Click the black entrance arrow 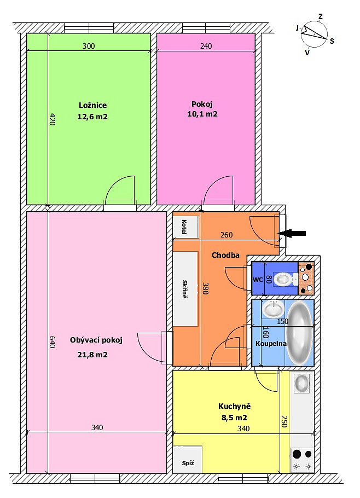pos(292,234)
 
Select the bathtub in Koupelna pos(299,333)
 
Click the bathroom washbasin pos(273,309)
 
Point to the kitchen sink pos(301,383)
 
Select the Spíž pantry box pos(188,459)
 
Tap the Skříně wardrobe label pos(185,289)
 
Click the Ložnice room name pos(92,105)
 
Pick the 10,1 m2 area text pos(202,114)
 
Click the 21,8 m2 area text pos(92,355)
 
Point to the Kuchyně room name pos(235,406)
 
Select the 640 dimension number pos(53,342)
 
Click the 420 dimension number pos(53,119)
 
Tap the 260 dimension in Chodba pos(227,235)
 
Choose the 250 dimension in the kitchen pos(284,421)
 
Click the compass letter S pos(332,41)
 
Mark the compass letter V pos(307,53)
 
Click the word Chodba pos(225,255)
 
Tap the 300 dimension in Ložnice pos(89,46)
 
